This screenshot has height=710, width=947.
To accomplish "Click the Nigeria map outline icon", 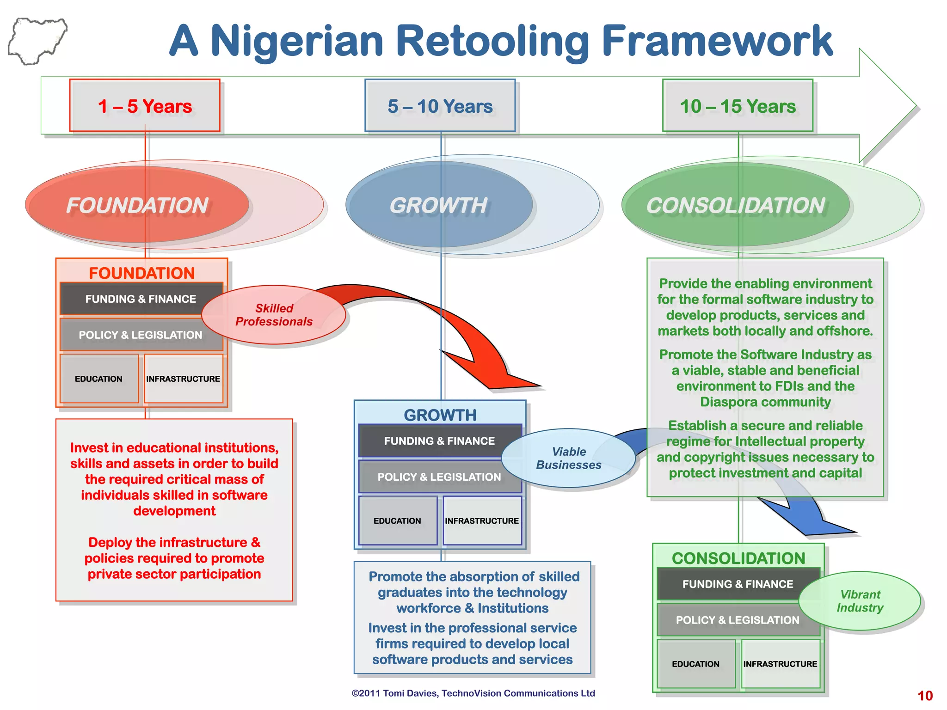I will click(x=37, y=41).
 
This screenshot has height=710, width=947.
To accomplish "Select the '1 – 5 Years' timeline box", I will click(x=145, y=106).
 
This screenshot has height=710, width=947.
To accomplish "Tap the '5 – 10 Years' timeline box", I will click(x=440, y=106).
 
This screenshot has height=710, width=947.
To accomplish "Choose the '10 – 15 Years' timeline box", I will click(x=738, y=106).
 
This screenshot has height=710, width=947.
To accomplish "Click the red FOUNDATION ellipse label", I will click(x=137, y=205).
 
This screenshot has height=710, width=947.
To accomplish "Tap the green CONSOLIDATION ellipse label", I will click(x=735, y=205).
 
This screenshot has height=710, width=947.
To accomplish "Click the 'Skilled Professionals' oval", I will click(x=274, y=315).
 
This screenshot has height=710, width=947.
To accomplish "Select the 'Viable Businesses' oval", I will click(x=569, y=458).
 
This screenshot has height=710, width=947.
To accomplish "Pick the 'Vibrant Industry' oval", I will click(x=860, y=601).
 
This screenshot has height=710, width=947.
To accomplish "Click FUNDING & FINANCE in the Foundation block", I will click(x=141, y=299).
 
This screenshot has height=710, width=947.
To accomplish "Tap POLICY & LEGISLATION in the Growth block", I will click(x=439, y=477).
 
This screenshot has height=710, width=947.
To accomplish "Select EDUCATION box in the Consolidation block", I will click(x=695, y=664).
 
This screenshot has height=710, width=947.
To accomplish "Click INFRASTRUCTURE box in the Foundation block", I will click(x=183, y=379).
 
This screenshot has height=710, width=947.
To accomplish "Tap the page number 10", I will click(x=925, y=696).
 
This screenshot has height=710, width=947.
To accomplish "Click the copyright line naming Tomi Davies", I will click(x=473, y=693).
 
